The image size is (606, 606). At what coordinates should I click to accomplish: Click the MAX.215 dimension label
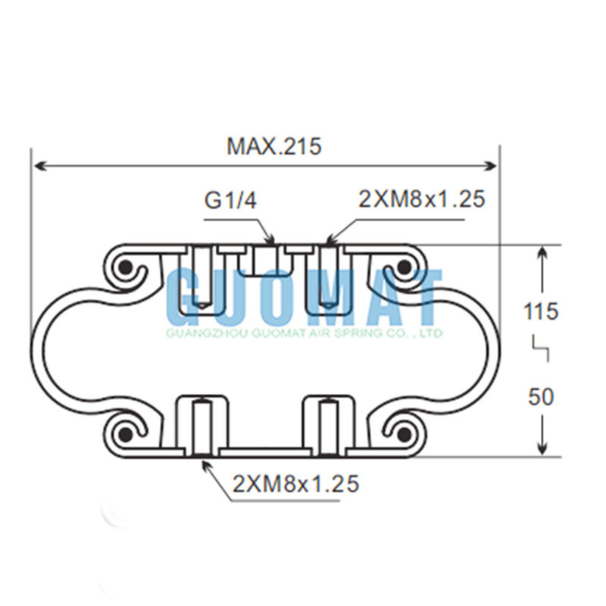(273, 146)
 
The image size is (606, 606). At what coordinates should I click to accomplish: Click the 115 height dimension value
(542, 311)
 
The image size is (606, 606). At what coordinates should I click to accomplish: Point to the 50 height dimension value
(542, 396)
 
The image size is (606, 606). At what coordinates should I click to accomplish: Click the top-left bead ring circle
(126, 267)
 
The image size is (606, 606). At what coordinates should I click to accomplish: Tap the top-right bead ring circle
(404, 267)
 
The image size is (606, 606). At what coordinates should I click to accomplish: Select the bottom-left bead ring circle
(126, 433)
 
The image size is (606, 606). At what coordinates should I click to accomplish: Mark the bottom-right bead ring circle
(404, 433)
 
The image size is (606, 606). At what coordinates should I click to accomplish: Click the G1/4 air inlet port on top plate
(265, 260)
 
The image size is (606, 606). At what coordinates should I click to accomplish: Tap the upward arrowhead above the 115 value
(542, 254)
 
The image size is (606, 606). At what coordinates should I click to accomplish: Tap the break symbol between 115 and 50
(542, 351)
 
